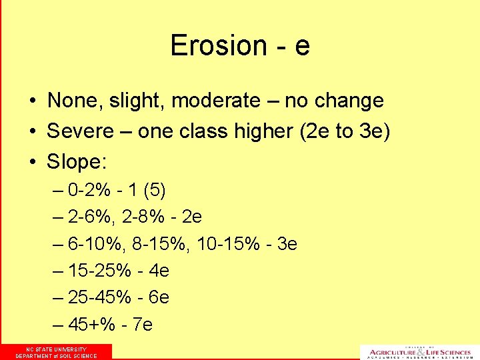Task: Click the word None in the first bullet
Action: [x=70, y=101]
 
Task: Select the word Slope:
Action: [x=77, y=161]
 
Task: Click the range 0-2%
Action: [x=89, y=191]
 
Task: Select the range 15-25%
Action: [x=99, y=271]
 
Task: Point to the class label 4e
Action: [x=159, y=271]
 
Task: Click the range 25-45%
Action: [x=99, y=297]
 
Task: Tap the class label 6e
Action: [x=159, y=297]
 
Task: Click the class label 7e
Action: [x=143, y=325]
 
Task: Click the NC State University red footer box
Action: [x=56, y=352]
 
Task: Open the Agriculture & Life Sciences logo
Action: [x=419, y=352]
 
